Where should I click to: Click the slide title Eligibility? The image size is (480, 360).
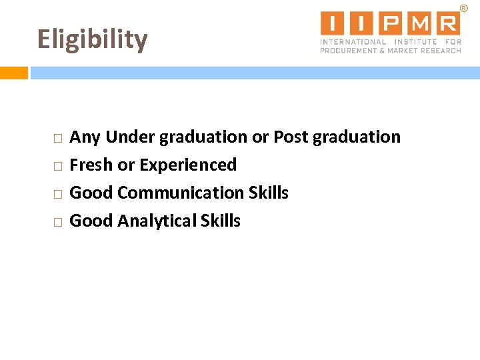click(92, 40)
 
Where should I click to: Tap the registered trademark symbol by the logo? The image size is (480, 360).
click(464, 7)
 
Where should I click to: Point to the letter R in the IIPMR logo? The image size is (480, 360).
click(448, 23)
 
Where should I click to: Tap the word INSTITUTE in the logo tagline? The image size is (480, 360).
click(414, 42)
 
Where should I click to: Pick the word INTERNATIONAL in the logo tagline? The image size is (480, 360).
click(353, 42)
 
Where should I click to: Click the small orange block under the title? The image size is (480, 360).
click(13, 73)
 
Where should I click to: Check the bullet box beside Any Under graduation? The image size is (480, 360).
click(58, 139)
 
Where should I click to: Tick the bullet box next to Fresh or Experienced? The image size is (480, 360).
click(58, 166)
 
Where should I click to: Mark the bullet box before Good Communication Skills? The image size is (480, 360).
click(58, 194)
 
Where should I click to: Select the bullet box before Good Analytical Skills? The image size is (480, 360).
click(58, 222)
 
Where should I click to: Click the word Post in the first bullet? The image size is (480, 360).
click(291, 137)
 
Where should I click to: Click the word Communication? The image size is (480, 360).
click(181, 193)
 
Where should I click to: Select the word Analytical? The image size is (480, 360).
click(157, 221)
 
